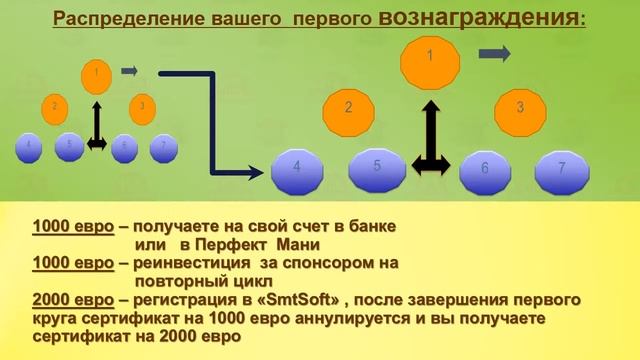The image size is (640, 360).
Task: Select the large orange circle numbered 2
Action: pyautogui.click(x=348, y=107)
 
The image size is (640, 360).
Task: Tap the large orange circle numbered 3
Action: pyautogui.click(x=519, y=107)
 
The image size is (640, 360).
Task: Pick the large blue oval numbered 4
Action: pyautogui.click(x=298, y=170)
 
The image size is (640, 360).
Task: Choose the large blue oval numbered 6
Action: pyautogui.click(x=485, y=170)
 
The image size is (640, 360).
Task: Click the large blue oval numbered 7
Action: pyautogui.click(x=561, y=169)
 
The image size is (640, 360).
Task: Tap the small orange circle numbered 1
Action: pyautogui.click(x=96, y=73)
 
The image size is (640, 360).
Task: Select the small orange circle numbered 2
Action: pyautogui.click(x=55, y=106)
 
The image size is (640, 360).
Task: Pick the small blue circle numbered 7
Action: pyautogui.click(x=163, y=146)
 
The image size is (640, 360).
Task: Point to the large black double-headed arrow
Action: pyautogui.click(x=430, y=140)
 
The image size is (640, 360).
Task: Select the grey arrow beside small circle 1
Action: pyautogui.click(x=129, y=71)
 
